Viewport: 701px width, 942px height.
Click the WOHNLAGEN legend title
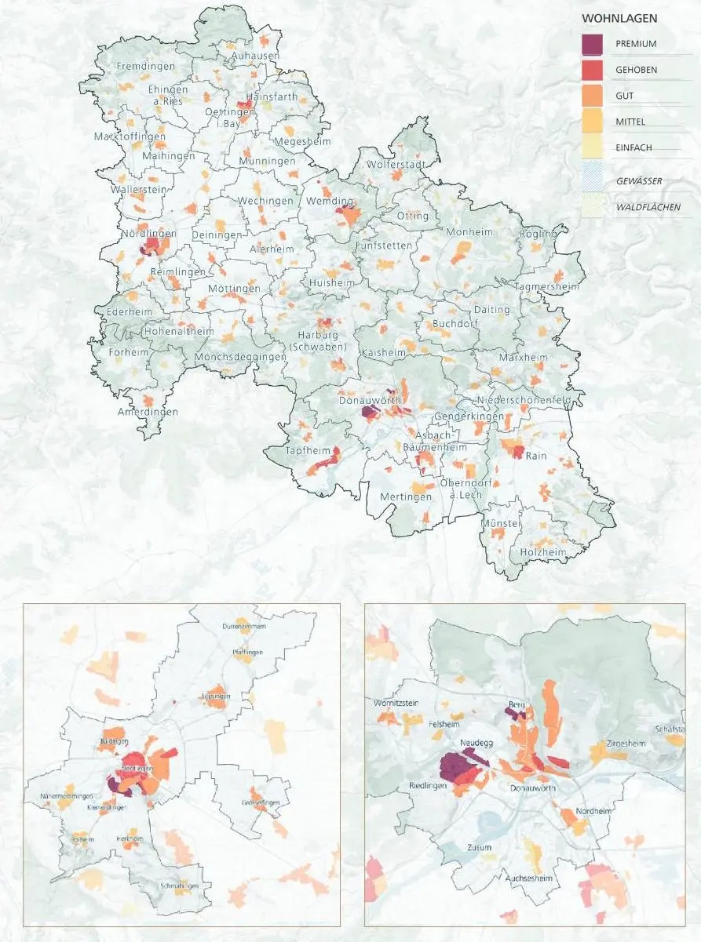tap(619, 18)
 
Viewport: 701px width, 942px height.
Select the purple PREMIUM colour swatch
tap(593, 44)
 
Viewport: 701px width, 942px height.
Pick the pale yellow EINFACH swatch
tap(593, 147)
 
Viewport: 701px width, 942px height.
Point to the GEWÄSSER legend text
tap(638, 181)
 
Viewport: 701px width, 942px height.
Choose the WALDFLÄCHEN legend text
tap(648, 208)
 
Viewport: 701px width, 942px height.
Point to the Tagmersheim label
tap(547, 287)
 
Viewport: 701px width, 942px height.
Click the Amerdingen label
tap(148, 412)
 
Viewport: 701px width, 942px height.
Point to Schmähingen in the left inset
tap(183, 886)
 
